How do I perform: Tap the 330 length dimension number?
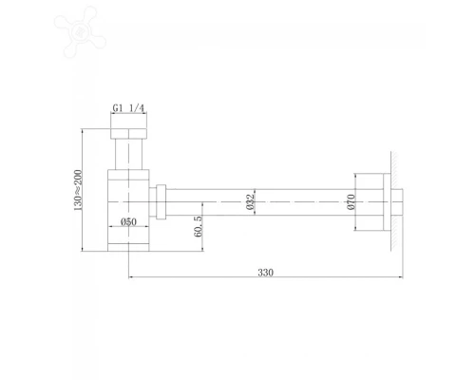click(265, 271)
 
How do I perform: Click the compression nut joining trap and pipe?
click(162, 200)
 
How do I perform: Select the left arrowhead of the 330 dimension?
click(131, 277)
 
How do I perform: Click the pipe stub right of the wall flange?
click(403, 201)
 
